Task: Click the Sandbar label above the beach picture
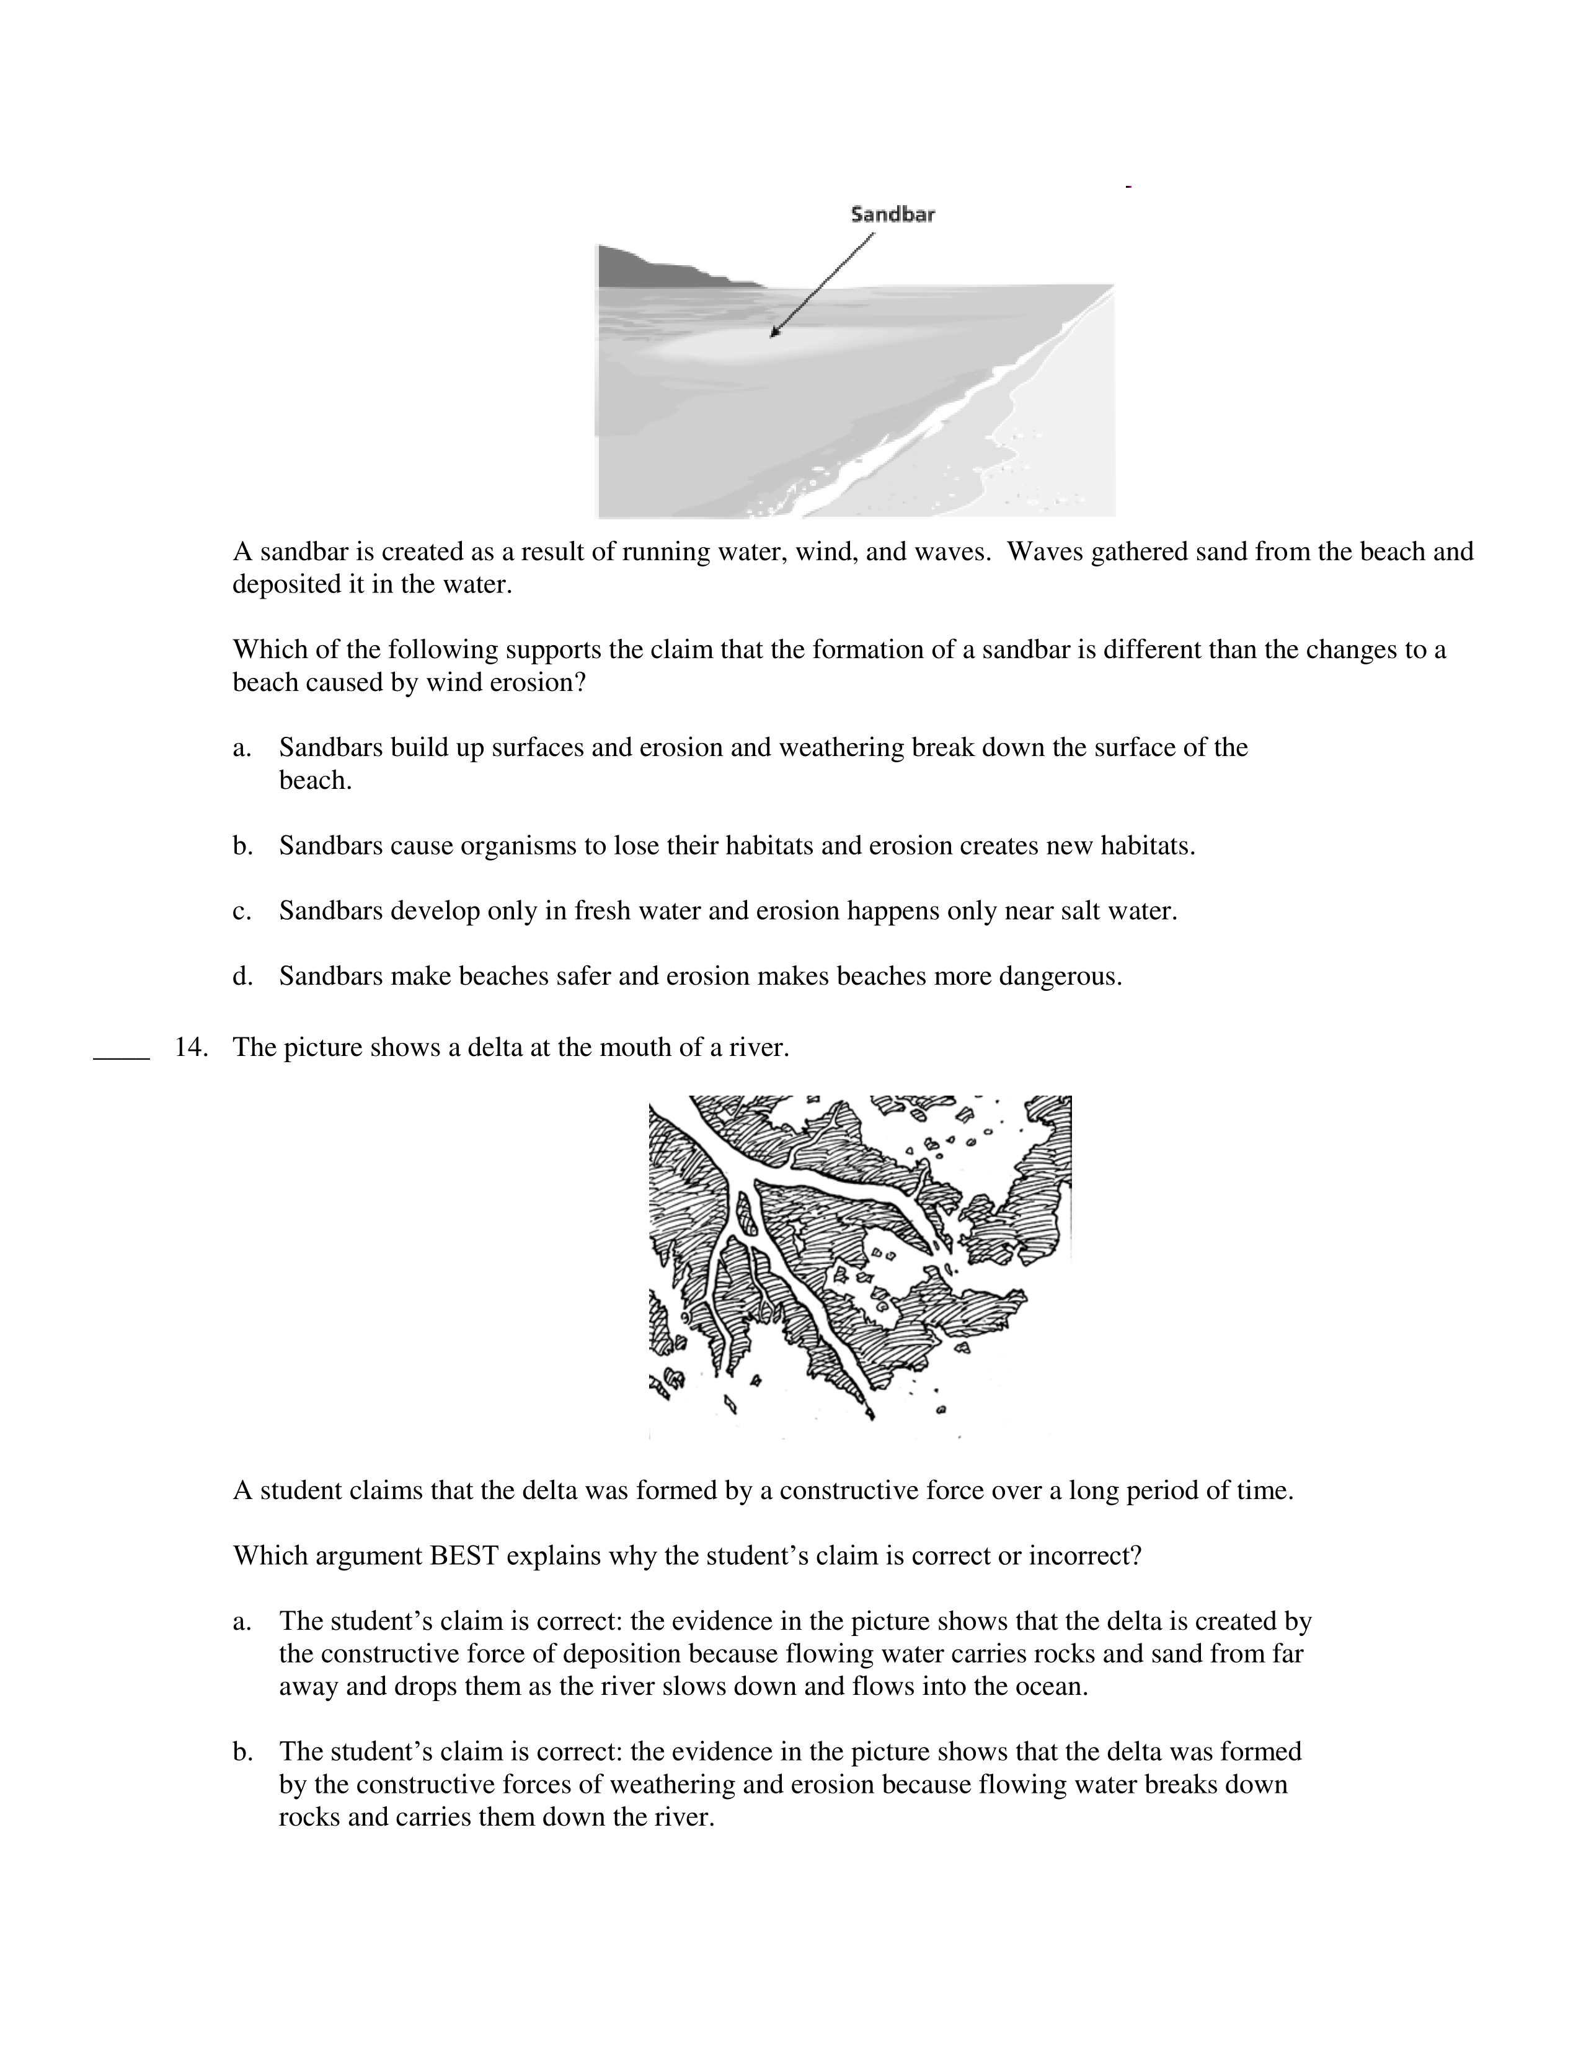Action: coord(892,214)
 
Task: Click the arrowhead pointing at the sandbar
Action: coord(774,332)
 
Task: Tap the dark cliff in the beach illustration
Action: coord(655,267)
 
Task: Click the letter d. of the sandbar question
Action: coord(242,977)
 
